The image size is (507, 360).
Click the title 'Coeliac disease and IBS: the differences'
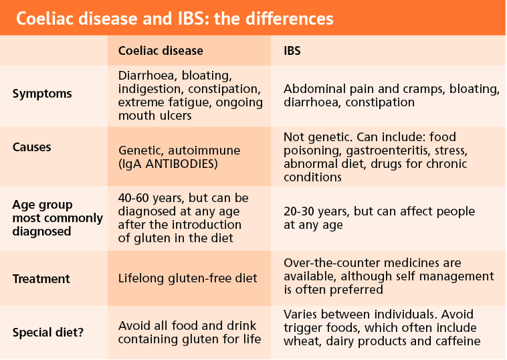pos(175,19)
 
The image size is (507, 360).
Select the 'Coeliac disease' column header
pos(161,51)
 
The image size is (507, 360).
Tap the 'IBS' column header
pos(292,51)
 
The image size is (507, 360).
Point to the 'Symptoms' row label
pos(42,94)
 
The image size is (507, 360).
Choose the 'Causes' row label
pos(31,147)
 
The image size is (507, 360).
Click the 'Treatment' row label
pos(41,279)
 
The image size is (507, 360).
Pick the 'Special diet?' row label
pos(48,333)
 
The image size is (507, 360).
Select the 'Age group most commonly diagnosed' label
pos(58,218)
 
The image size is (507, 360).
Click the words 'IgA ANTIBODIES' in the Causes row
pos(168,164)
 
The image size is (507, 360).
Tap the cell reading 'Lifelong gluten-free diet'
pos(187,278)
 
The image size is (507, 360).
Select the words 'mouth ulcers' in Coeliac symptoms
pos(155,116)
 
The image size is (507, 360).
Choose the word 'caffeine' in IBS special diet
pos(458,341)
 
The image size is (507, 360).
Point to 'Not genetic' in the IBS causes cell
pos(317,137)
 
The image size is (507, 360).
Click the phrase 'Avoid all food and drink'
pos(187,326)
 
